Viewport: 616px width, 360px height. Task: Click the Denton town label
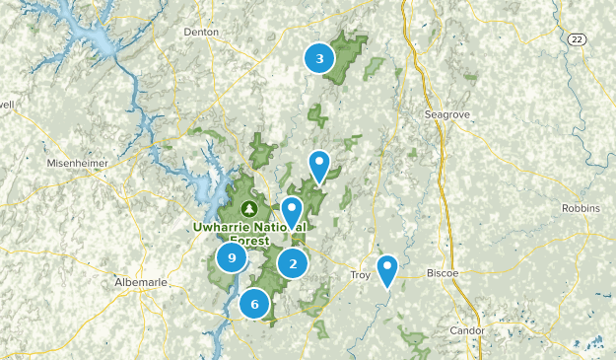[200, 32]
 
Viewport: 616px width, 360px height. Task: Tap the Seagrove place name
[447, 114]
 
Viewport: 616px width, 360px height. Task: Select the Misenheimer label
[75, 163]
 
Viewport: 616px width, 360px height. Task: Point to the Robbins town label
[580, 208]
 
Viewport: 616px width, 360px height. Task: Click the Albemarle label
[141, 282]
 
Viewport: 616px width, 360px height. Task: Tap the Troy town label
[361, 275]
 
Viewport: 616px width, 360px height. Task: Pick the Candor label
[467, 330]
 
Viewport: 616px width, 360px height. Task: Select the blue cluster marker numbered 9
[232, 258]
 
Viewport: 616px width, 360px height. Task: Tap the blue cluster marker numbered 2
[293, 263]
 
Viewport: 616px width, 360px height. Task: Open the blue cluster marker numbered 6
[254, 304]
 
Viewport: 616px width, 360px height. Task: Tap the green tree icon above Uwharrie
[249, 208]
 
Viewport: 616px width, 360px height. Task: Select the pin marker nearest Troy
[388, 268]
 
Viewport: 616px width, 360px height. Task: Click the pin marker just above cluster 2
[292, 211]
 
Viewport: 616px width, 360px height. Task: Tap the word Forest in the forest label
[250, 240]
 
